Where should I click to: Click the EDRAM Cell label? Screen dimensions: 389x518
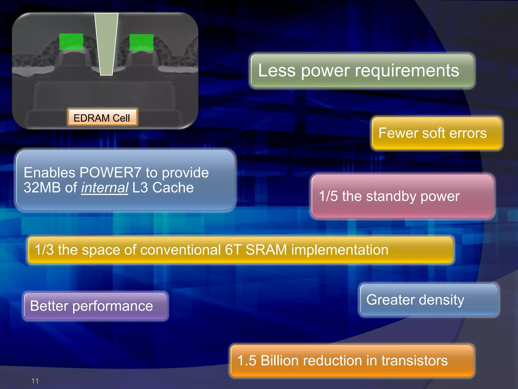[x=102, y=118]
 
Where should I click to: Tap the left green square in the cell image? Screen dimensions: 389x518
[x=71, y=42]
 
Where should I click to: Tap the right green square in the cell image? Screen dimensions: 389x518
[x=141, y=42]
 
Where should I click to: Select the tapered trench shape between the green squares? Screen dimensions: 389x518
[x=106, y=44]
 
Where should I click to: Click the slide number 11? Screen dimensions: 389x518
[x=35, y=381]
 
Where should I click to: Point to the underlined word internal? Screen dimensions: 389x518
[x=104, y=188]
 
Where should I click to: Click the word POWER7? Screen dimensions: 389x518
[x=110, y=173]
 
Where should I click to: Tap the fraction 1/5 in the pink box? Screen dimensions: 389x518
[x=328, y=196]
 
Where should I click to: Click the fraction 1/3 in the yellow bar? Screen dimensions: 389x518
[x=44, y=250]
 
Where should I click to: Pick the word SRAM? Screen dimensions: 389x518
[x=266, y=250]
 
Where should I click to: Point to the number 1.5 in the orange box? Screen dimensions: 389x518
[x=247, y=360]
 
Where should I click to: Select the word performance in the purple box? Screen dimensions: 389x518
[x=113, y=306]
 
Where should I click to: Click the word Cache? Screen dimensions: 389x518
[x=173, y=188]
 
